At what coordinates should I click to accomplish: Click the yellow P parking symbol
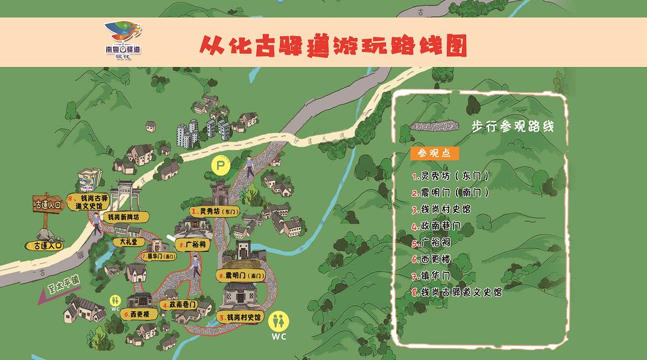coord(221,164)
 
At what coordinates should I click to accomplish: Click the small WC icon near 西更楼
coord(115,301)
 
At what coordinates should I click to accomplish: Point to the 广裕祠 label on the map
coord(194,245)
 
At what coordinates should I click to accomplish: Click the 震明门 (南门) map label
coord(241,276)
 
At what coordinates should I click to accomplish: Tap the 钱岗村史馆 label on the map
coord(241,317)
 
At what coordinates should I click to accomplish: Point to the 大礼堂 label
coord(128,242)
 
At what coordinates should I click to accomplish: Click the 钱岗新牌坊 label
coord(125,216)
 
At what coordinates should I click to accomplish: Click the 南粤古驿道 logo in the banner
coord(122,38)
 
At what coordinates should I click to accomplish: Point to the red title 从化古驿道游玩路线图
coord(333,45)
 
